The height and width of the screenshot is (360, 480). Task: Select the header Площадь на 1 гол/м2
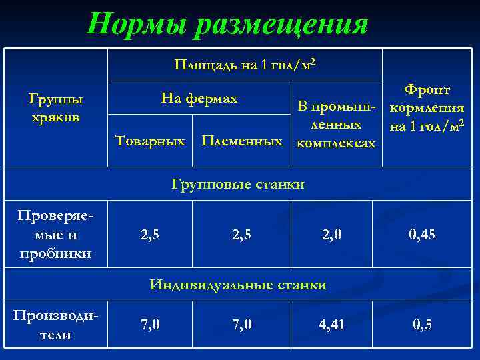pyautogui.click(x=245, y=65)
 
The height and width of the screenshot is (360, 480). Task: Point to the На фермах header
pyautogui.click(x=199, y=99)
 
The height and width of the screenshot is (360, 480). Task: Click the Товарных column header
pyautogui.click(x=150, y=141)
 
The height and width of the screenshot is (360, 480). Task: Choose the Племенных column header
pyautogui.click(x=241, y=141)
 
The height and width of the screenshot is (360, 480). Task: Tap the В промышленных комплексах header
pyautogui.click(x=336, y=125)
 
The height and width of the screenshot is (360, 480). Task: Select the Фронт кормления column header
pyautogui.click(x=427, y=107)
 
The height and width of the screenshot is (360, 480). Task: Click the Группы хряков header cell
pyautogui.click(x=56, y=108)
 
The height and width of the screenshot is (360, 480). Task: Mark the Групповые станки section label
pyautogui.click(x=238, y=184)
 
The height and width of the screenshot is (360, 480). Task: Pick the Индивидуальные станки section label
pyautogui.click(x=238, y=285)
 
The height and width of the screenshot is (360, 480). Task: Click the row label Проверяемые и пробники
pyautogui.click(x=56, y=235)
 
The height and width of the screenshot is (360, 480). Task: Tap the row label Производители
pyautogui.click(x=56, y=324)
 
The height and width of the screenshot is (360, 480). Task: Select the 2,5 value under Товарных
pyautogui.click(x=150, y=235)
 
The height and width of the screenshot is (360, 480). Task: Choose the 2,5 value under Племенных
pyautogui.click(x=241, y=235)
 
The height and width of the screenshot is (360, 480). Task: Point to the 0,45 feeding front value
pyautogui.click(x=421, y=235)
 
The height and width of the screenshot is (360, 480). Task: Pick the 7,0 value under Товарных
pyautogui.click(x=150, y=325)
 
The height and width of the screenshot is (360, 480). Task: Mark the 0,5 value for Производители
pyautogui.click(x=421, y=325)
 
